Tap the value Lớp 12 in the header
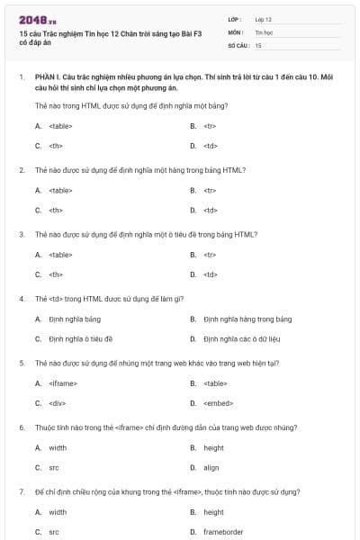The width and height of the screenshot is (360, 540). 263,18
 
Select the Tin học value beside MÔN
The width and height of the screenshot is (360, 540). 263,31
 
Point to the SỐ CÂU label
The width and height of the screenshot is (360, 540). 238,44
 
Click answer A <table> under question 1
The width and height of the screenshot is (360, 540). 59,125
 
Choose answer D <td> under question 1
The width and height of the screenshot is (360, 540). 210,145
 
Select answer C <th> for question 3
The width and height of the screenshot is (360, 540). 55,274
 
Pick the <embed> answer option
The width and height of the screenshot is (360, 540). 218,403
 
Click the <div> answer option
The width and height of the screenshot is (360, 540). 57,403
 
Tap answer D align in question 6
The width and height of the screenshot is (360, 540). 211,467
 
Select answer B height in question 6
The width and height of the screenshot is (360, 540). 213,447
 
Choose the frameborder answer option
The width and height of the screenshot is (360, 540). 223,532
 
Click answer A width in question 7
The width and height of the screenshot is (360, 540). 58,512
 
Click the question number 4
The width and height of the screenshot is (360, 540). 21,298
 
